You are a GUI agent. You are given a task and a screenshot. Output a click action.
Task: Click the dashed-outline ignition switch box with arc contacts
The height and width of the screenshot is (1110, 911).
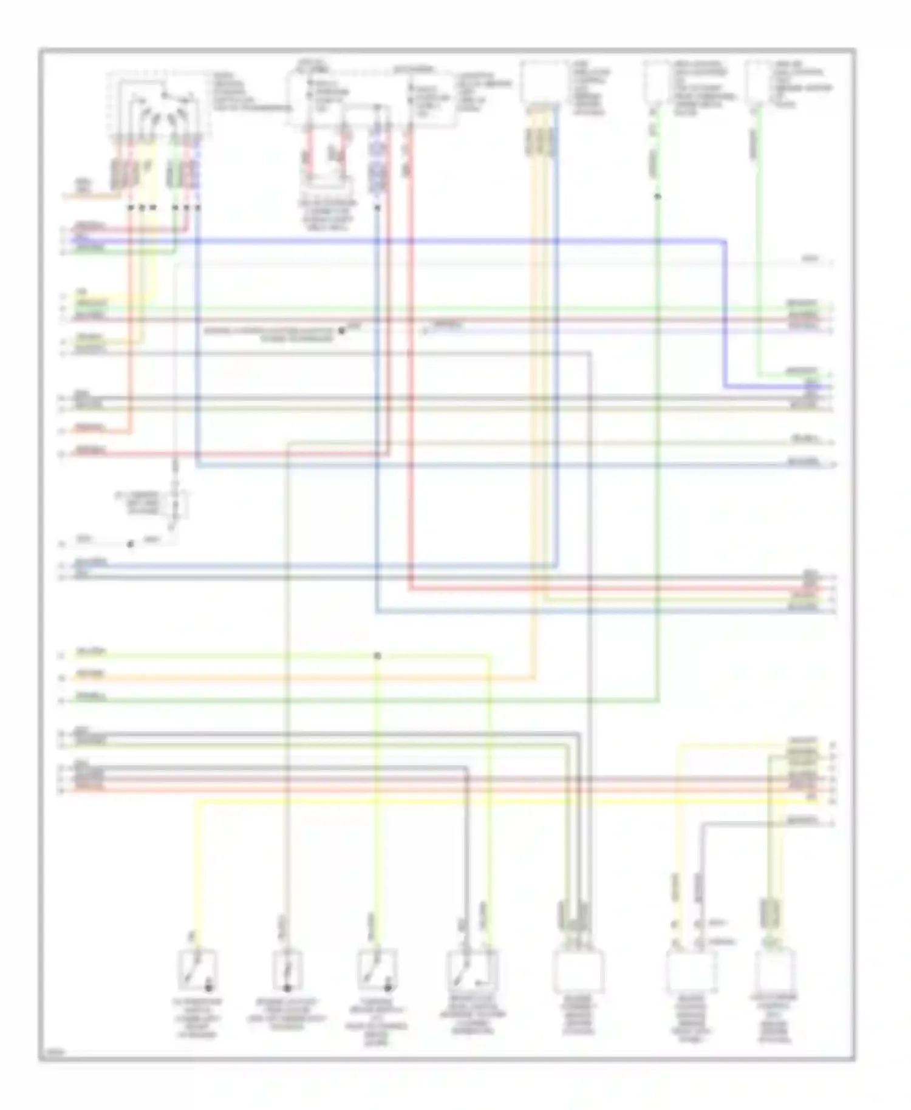pos(160,107)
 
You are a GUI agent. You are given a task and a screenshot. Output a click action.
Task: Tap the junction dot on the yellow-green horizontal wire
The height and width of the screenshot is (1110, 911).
pos(377,656)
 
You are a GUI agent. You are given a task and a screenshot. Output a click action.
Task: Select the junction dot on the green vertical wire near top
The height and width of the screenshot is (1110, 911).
pos(658,196)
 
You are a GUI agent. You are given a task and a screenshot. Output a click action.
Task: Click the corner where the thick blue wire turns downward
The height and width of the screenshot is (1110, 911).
pos(725,242)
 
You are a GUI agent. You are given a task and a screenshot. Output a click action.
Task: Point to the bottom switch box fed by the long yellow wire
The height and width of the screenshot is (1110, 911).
pos(198,970)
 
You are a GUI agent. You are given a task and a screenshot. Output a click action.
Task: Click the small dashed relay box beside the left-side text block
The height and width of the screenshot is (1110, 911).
pos(177,503)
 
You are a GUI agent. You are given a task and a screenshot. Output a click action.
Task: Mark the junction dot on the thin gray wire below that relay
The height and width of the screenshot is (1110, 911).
pos(130,544)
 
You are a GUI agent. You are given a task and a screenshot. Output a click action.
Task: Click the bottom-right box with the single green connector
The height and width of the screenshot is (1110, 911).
pos(775,971)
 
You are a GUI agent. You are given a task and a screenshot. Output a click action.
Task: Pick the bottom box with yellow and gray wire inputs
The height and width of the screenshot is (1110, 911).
pos(691,971)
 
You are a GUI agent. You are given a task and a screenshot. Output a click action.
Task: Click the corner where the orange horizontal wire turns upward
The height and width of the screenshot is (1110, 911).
pos(535,678)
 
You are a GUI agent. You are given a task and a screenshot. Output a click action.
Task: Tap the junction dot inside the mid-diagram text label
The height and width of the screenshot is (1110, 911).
pos(341,331)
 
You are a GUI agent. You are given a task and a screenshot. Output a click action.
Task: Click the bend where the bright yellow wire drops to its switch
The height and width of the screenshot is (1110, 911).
pos(198,802)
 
